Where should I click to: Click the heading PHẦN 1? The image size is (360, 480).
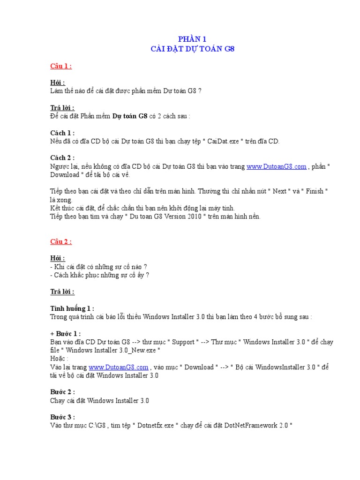[x=193, y=39]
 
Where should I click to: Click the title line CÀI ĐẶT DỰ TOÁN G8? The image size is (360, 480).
[x=192, y=48]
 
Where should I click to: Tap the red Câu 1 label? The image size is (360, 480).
[x=61, y=66]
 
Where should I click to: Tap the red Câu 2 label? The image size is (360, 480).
[x=61, y=242]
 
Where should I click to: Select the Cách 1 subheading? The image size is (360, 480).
[x=62, y=133]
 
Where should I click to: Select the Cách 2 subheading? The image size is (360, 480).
[x=62, y=158]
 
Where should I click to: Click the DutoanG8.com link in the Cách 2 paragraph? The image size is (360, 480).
[x=277, y=166]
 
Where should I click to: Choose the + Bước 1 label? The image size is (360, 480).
[x=66, y=334]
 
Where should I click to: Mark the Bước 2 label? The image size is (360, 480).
[x=62, y=392]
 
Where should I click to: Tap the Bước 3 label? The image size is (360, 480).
[x=62, y=417]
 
